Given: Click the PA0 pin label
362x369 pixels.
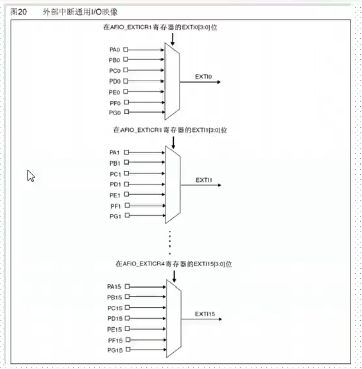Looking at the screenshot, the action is click(x=115, y=50).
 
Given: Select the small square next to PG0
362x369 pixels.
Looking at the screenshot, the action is click(x=126, y=113).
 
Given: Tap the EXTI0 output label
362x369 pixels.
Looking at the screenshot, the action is click(x=203, y=77).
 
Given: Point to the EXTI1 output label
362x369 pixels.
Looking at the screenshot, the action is click(x=204, y=180).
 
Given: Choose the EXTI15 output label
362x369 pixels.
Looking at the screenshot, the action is click(x=205, y=314).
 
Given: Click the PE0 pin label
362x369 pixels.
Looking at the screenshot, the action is click(x=115, y=92).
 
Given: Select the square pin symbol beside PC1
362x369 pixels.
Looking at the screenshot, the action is click(x=126, y=173).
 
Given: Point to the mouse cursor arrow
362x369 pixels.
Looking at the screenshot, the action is click(x=31, y=176).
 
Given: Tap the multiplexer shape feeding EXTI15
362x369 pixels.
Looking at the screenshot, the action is click(x=174, y=318).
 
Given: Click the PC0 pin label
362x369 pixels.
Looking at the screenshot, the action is click(x=115, y=71).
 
